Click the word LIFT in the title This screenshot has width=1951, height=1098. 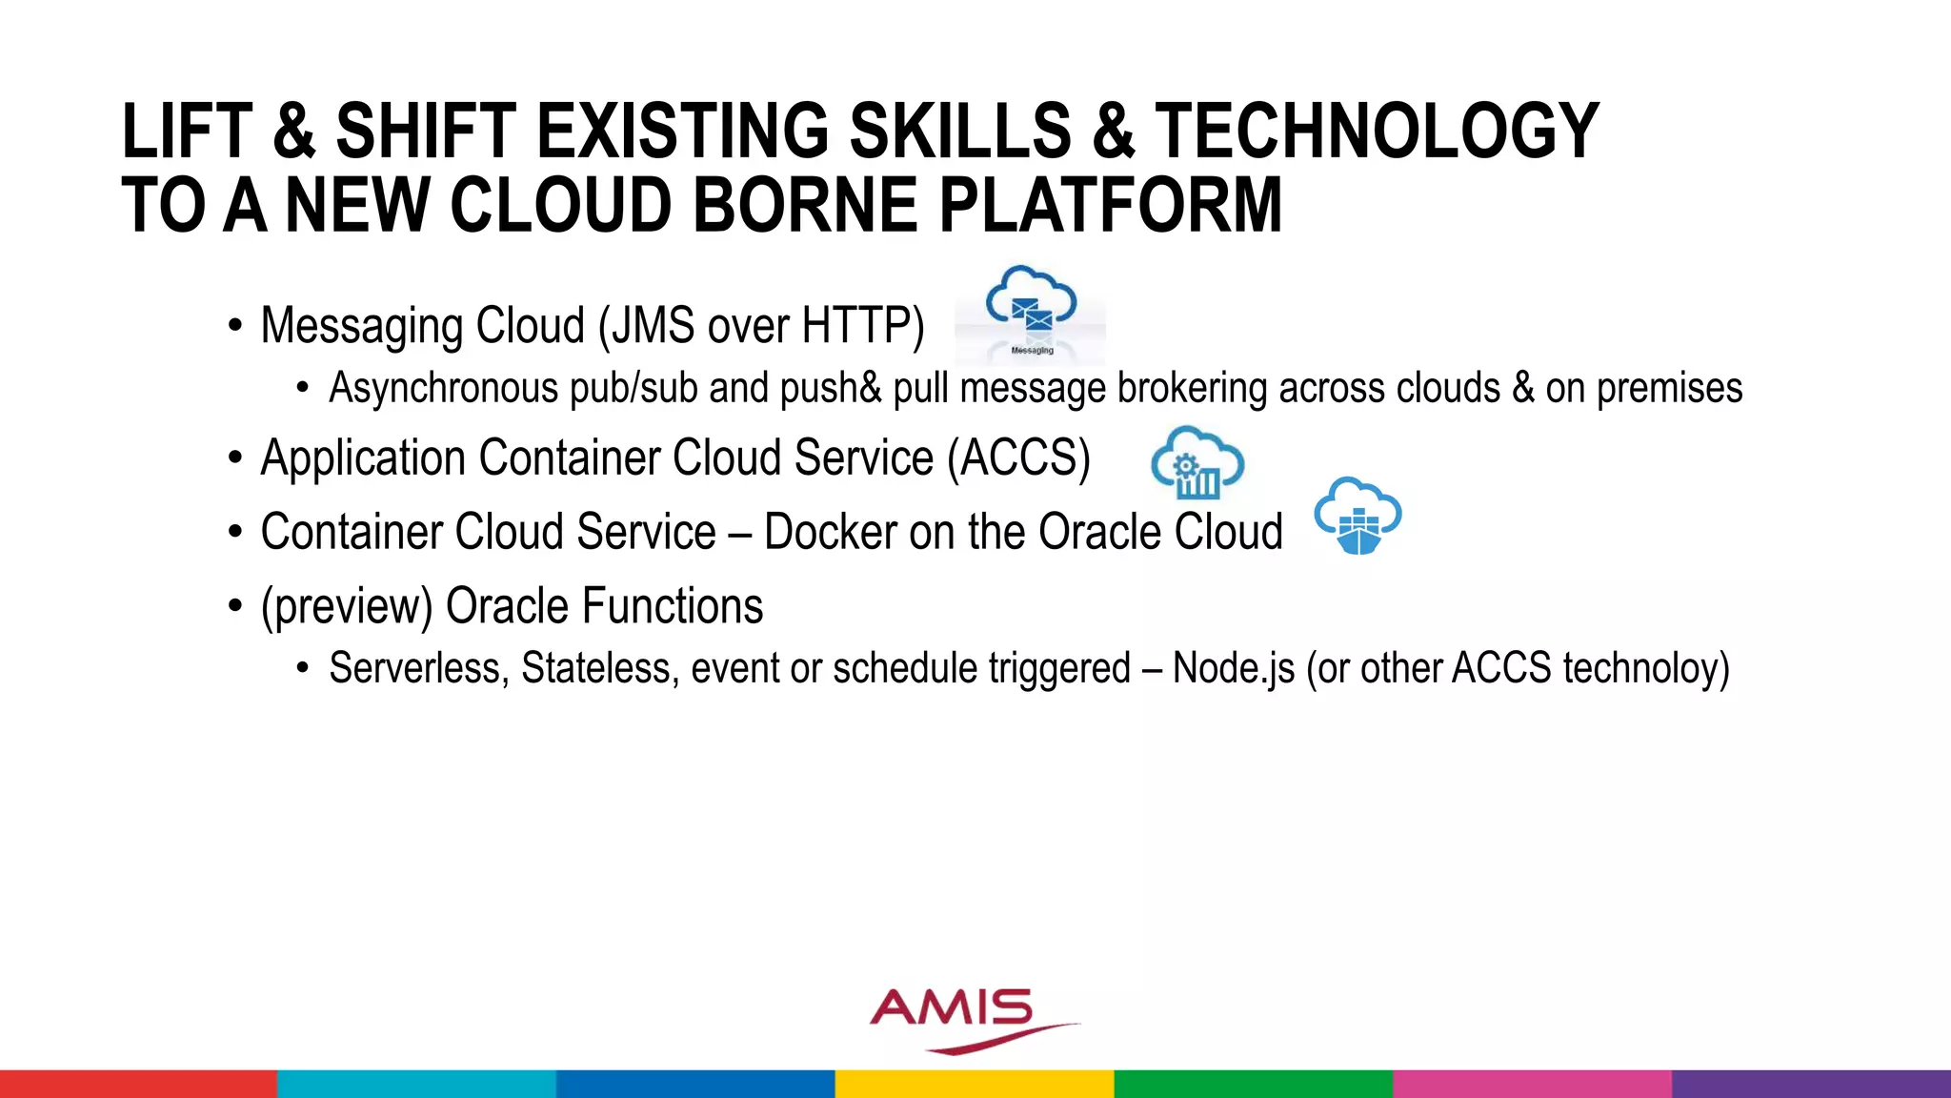coord(187,132)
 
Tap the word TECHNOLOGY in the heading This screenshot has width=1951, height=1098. coord(1377,132)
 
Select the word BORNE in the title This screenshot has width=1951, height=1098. coord(803,206)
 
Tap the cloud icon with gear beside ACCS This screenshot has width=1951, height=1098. coord(1197,463)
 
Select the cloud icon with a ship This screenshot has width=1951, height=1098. coord(1358,516)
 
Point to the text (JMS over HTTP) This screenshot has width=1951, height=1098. coord(761,326)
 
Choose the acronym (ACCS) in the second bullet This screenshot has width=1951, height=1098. coord(1018,458)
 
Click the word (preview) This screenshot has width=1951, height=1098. coord(347,607)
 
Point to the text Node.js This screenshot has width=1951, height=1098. coord(1233,668)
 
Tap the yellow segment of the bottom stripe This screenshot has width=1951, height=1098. coord(975,1084)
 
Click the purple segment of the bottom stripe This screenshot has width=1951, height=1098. coord(1810,1084)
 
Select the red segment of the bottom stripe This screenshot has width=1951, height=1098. coord(138,1084)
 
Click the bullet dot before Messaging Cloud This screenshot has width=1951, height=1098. coord(235,327)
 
